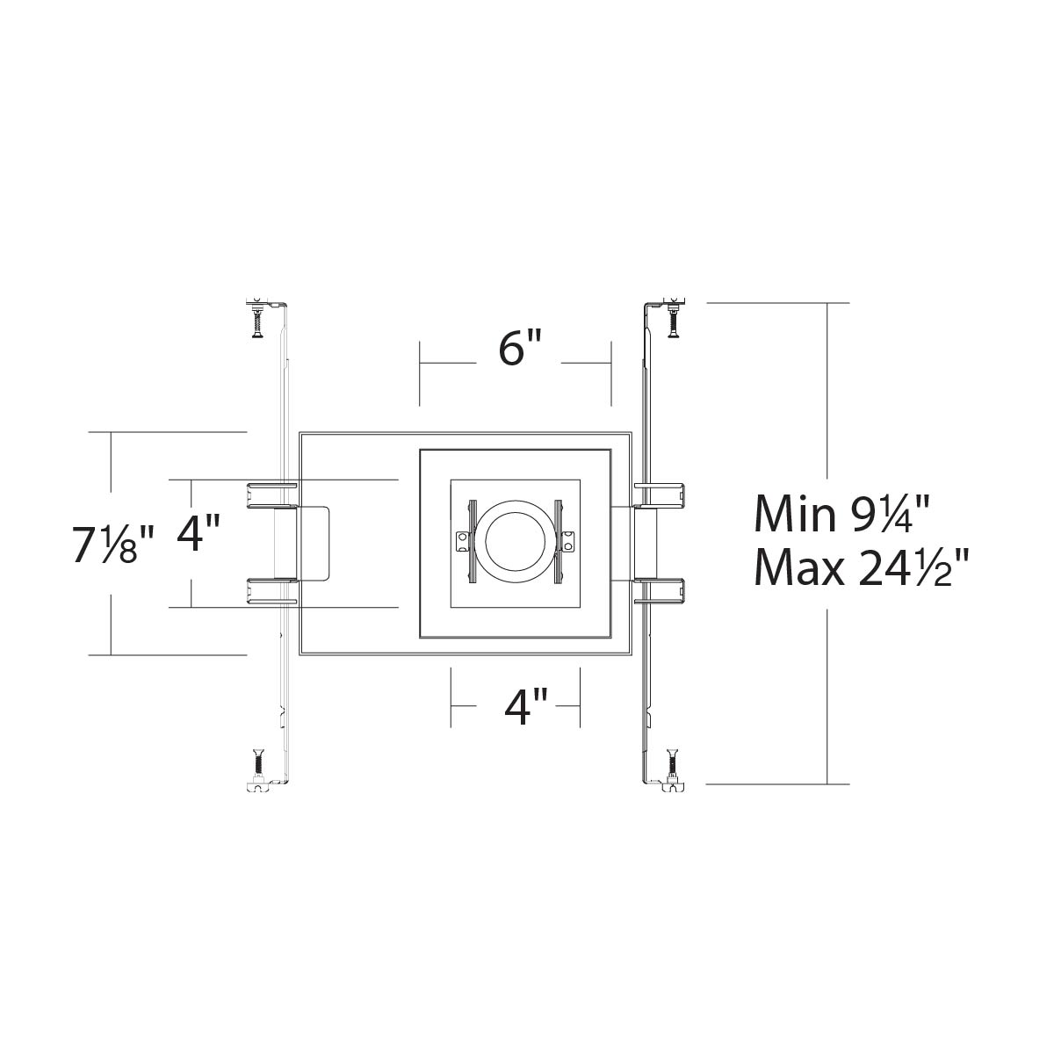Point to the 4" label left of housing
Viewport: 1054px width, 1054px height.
pos(198,533)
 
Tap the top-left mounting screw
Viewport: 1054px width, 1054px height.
pos(257,320)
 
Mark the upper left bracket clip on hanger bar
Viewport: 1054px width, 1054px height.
pos(273,494)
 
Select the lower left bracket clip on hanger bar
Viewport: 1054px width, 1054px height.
pos(273,592)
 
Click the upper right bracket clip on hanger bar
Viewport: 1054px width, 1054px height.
pos(661,495)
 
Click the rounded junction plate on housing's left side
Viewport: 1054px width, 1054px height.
pos(314,543)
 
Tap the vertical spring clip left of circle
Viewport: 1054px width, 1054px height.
pos(472,543)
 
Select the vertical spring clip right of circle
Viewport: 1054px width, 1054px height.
pos(558,543)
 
